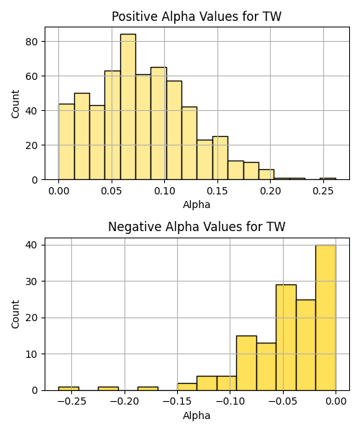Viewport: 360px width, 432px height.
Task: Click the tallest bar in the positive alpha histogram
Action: (x=128, y=107)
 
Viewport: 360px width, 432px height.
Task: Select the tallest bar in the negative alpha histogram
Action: (x=325, y=318)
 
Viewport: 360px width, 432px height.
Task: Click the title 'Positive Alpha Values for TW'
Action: (x=197, y=17)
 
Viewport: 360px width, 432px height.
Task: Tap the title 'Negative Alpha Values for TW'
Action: (x=197, y=227)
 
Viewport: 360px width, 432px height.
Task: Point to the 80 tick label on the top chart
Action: (x=32, y=42)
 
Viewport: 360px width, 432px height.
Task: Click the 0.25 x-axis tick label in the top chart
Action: (x=323, y=191)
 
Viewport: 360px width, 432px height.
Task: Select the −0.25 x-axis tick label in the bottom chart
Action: (x=71, y=402)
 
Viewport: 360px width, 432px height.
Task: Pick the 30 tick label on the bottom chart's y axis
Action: (x=32, y=282)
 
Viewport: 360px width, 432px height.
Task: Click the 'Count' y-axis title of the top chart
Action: (x=15, y=104)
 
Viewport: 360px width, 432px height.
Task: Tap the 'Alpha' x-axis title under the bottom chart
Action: (x=197, y=415)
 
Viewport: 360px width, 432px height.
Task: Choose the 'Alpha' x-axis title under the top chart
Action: (x=197, y=204)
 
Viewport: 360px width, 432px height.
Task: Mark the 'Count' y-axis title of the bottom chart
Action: (x=15, y=314)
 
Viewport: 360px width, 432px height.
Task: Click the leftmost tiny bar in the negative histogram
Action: (x=68, y=389)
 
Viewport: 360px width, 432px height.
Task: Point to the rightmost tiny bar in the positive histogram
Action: (x=328, y=179)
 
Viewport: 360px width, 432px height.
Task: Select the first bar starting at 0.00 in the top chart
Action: (x=66, y=142)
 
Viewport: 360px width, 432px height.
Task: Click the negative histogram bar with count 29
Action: (x=286, y=338)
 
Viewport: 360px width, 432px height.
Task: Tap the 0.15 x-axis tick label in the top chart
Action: (x=217, y=191)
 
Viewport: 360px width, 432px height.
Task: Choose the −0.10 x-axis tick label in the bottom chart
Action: (x=230, y=402)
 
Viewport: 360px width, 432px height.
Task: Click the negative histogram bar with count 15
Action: (x=246, y=363)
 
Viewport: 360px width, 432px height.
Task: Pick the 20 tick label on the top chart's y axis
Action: (x=32, y=145)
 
